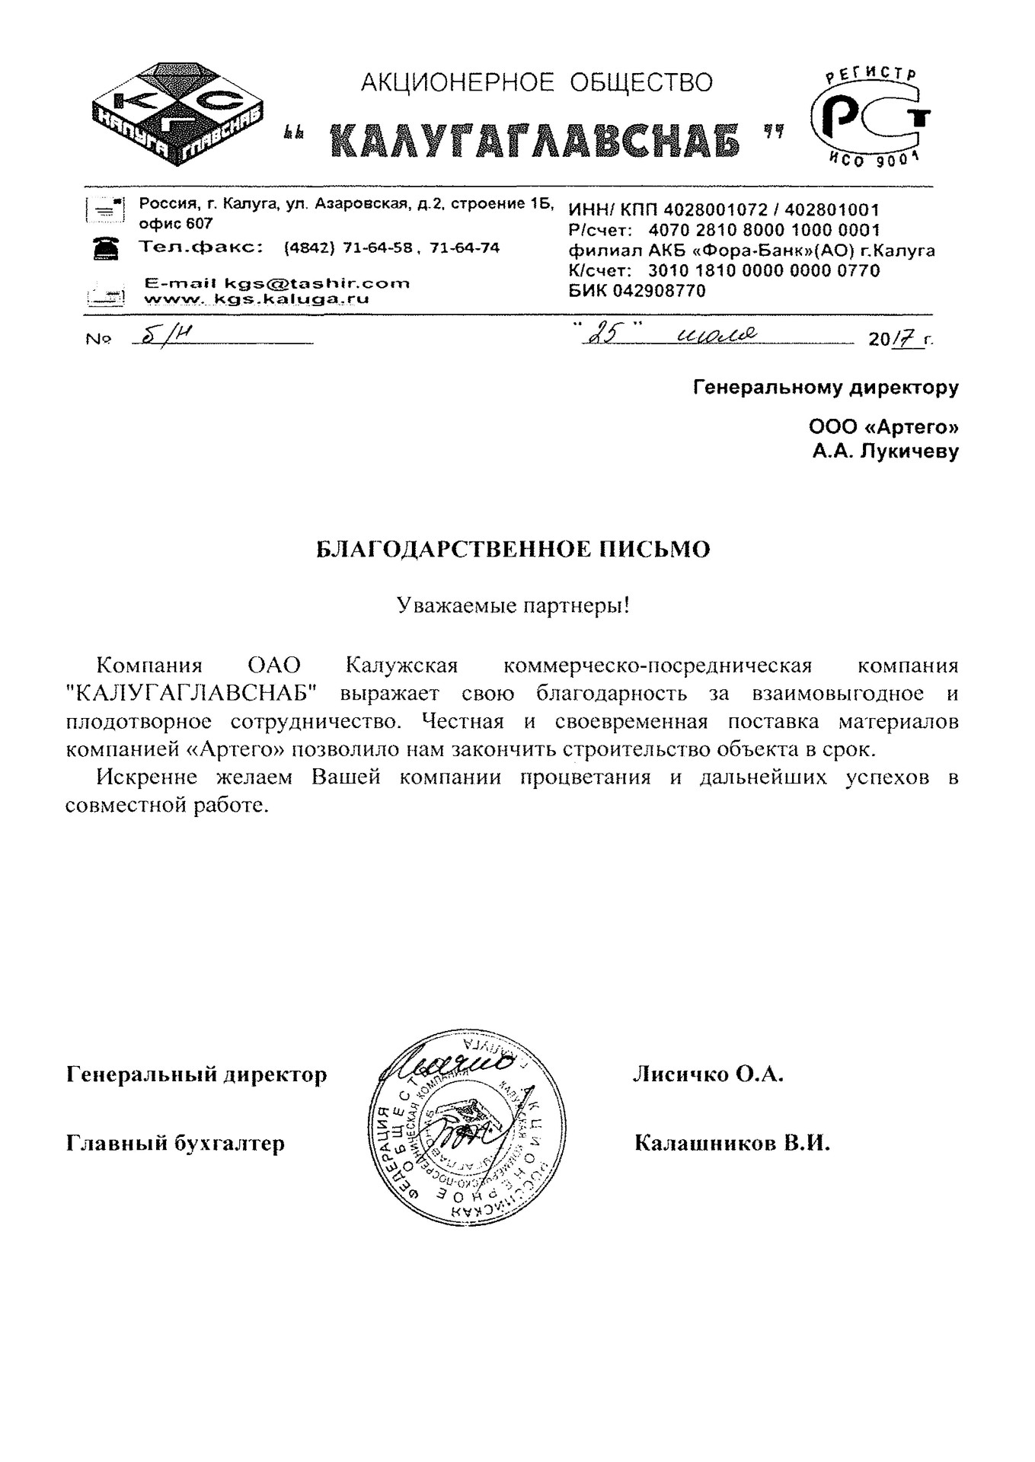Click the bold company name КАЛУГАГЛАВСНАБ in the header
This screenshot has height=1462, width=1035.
pos(535,140)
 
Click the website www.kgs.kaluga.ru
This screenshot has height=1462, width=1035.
pos(257,299)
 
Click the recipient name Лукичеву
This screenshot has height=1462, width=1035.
pos(909,452)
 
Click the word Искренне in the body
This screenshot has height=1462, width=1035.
pos(147,777)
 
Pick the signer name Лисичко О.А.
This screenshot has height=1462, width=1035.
pos(708,1074)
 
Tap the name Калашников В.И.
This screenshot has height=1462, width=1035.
pos(731,1143)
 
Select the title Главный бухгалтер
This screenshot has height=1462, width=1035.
pos(176,1143)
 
